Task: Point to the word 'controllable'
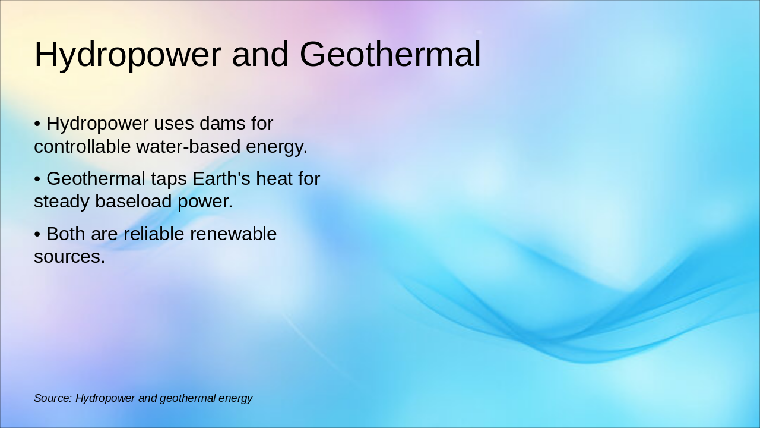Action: point(82,146)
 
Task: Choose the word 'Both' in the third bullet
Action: point(66,234)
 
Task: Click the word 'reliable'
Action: point(153,234)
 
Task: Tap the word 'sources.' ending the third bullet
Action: point(69,257)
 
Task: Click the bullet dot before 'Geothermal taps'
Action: point(37,179)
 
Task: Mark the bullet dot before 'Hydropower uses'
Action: point(37,124)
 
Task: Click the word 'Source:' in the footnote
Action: point(52,398)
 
